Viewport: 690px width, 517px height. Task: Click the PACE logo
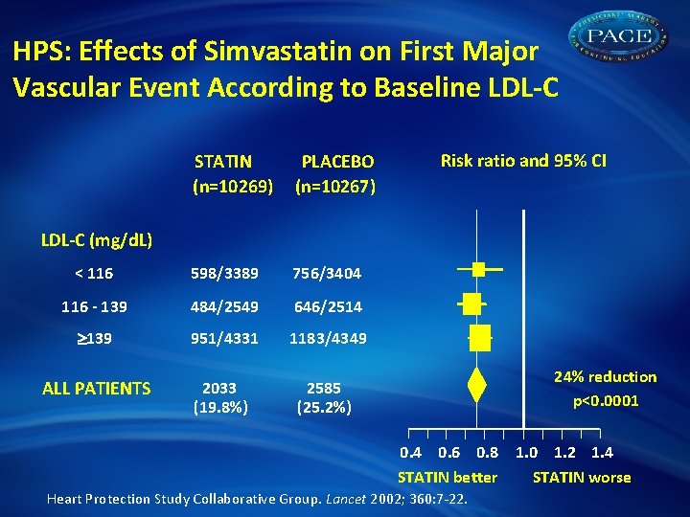coord(623,39)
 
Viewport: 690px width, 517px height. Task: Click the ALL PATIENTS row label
coord(97,388)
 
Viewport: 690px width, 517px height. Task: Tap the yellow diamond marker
coord(476,385)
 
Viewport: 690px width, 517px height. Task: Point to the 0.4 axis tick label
coord(411,453)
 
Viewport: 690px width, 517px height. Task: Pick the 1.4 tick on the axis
coord(603,453)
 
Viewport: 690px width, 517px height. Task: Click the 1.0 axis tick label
coord(527,453)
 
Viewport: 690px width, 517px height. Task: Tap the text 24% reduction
coord(606,376)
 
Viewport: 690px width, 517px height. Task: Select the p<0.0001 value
coord(606,401)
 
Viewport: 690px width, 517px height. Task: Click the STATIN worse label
coord(582,477)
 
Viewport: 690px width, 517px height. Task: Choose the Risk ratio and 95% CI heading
coord(523,161)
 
